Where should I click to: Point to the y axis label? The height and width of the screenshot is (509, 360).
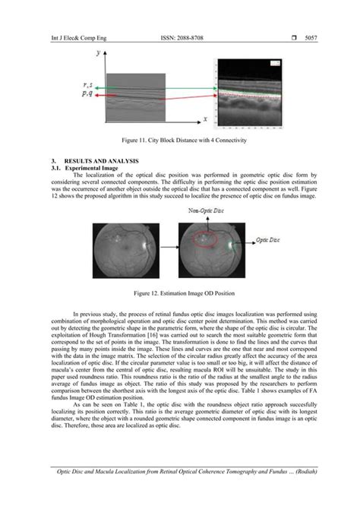coord(97,53)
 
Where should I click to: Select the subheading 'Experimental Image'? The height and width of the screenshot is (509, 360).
coord(94,169)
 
